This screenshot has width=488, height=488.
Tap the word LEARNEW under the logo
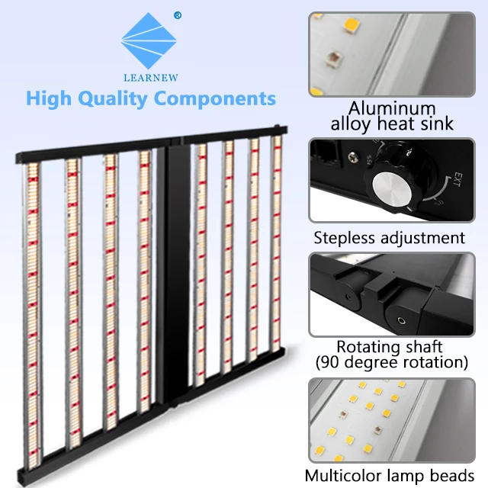coord(151,77)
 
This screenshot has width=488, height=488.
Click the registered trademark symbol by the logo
coord(177,14)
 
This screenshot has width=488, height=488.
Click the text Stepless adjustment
coord(389,238)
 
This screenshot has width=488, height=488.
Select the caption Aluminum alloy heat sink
coord(392,116)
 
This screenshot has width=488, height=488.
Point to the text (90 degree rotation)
coord(392,362)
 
